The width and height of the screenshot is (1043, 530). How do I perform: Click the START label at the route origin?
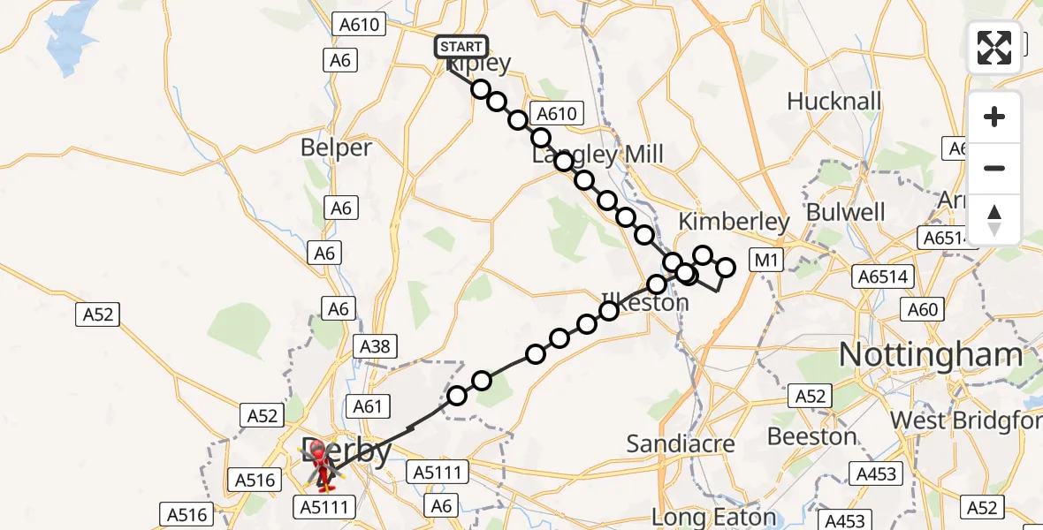pos(461,47)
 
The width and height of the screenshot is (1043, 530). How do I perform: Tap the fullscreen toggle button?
pos(994,48)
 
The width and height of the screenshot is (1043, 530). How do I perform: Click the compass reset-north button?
pos(994,220)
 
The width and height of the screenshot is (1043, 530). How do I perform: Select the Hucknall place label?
pos(834,102)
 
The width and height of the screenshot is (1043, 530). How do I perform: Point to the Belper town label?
pos(336,148)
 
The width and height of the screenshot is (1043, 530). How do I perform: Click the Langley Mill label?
pos(598,155)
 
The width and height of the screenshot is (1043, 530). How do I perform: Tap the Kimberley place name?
pos(733,222)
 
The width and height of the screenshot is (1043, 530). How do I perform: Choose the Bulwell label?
pos(845,213)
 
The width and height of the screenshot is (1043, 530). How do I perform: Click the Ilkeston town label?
pos(644,302)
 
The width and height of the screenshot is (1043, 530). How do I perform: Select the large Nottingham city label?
pos(930,355)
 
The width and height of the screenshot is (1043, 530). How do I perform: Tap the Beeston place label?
pos(811,436)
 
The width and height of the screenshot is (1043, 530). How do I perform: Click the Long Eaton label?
pos(714,518)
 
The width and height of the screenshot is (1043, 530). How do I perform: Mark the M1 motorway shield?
pos(764,260)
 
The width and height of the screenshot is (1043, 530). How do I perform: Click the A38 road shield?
pos(376,346)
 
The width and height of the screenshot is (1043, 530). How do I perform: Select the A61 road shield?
pos(368,406)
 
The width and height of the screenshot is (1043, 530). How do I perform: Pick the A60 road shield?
pos(923,309)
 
